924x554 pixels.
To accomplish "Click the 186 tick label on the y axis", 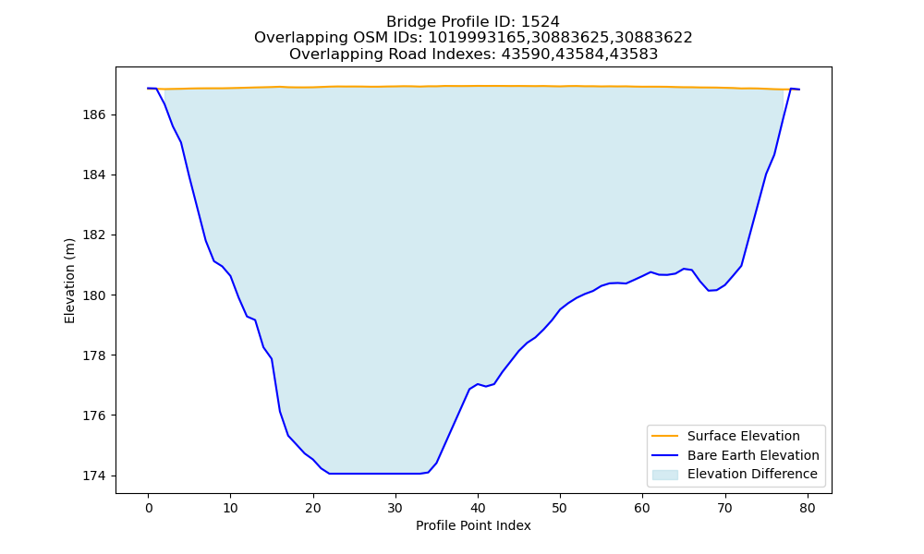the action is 94,114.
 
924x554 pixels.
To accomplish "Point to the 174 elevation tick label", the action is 94,476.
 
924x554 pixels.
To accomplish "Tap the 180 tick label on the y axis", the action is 94,295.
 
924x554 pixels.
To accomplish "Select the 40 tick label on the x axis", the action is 478,508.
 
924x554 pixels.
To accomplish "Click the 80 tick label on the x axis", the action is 808,508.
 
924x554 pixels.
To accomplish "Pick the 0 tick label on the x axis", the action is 149,508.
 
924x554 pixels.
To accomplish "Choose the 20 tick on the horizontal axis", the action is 313,508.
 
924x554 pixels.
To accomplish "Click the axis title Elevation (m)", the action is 69,281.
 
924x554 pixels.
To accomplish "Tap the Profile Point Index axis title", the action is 473,525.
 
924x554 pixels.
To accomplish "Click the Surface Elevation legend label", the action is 744,436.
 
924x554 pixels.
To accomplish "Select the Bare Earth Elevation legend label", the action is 753,455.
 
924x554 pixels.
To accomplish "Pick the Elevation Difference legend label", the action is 752,474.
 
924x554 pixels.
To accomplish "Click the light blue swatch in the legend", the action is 664,475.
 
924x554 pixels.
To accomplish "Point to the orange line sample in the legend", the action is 664,436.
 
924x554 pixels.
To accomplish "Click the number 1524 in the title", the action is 541,22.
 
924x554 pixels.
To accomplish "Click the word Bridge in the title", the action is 407,22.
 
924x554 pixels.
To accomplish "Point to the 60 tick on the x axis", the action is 642,508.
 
